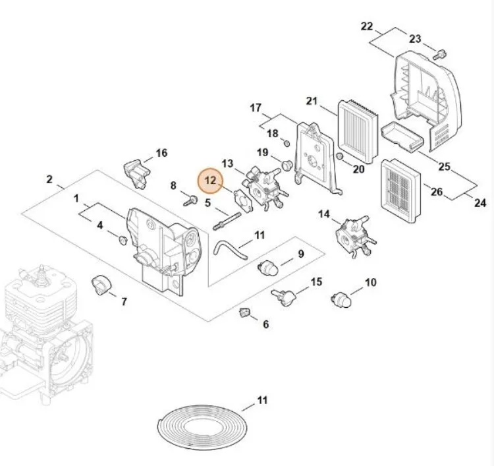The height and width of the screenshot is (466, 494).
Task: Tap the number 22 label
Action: [x=367, y=26]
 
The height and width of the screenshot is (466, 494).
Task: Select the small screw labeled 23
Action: [x=442, y=51]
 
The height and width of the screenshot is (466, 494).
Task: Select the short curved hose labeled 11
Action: [x=227, y=248]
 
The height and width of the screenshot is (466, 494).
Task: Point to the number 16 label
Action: [x=161, y=153]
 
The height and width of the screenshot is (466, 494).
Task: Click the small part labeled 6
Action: [x=244, y=312]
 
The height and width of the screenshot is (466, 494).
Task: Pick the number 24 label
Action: [x=480, y=203]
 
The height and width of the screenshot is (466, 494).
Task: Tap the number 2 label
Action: [x=50, y=179]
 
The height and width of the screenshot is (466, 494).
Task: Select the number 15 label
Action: [x=316, y=281]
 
